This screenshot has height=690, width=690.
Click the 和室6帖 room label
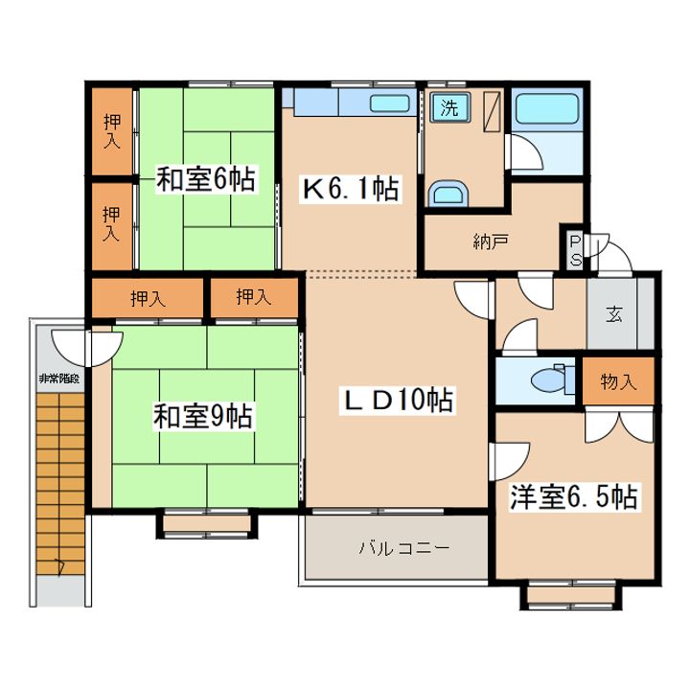coord(206,178)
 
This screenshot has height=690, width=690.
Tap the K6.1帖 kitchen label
coord(351,189)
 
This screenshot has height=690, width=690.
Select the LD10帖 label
coord(398,400)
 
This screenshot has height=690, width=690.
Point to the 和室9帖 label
coord(203,417)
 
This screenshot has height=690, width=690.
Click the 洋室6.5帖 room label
coord(574,496)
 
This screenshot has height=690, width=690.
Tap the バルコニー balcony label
coord(404,548)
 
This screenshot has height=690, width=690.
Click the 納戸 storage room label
coord(491,241)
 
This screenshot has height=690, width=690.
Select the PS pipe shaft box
coord(576,251)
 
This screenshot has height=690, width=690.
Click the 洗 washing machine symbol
coord(449,107)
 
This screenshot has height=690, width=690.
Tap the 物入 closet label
coord(618,381)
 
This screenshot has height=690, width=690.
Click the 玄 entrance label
coord(614,314)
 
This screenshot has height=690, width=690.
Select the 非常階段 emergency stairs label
coord(59,378)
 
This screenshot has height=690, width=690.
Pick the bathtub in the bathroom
coord(547,108)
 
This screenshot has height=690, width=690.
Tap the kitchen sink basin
coord(390,103)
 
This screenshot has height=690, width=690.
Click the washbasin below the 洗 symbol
coord(448,194)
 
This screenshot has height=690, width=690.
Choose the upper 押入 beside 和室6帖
coord(112,130)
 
